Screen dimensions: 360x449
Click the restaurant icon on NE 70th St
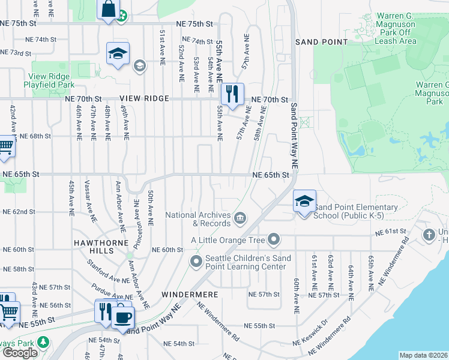[232, 94]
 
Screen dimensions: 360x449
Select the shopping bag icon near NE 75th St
[108, 10]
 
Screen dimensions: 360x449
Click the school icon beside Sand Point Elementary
[304, 201]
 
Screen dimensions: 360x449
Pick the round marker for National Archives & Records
[240, 217]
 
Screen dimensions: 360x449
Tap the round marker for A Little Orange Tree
[274, 241]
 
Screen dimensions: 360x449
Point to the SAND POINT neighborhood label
[322, 42]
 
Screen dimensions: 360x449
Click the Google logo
[20, 353]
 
